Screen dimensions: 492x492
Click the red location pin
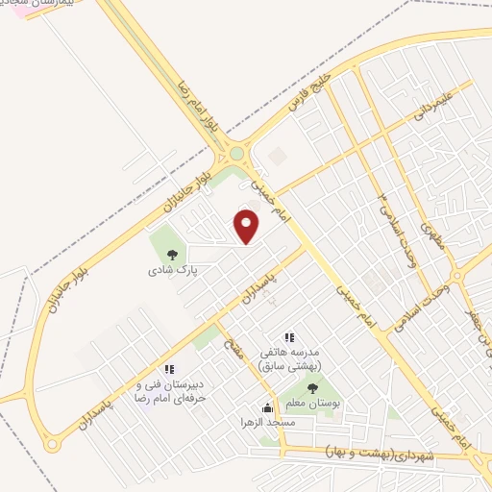point(247,227)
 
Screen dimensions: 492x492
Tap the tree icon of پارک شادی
point(173,255)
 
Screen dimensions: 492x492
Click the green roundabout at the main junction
point(236,152)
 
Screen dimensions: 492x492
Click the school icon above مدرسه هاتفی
point(289,335)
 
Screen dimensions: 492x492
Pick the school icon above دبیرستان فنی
point(169,368)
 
